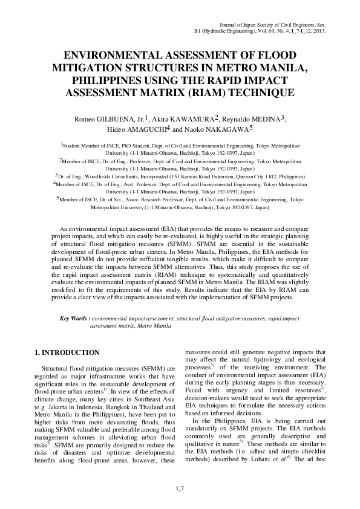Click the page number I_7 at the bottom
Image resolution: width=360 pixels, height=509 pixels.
tap(180, 488)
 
